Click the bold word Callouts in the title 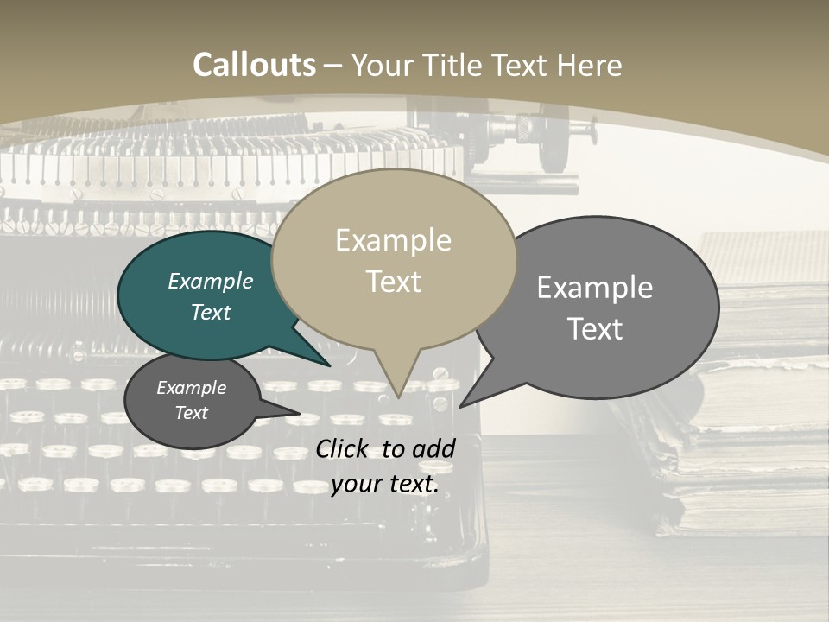254,65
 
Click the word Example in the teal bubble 210,281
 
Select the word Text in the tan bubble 393,282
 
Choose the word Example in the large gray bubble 595,288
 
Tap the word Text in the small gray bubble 191,413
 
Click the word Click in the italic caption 343,448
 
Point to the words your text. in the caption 384,484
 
